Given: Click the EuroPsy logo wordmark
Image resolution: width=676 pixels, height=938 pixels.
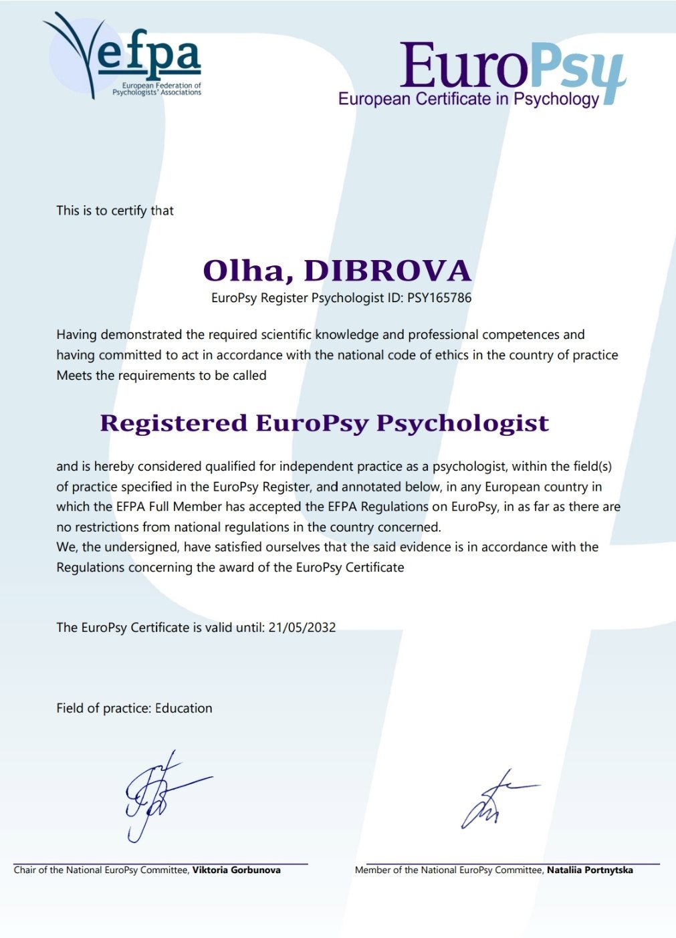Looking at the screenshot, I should click(512, 67).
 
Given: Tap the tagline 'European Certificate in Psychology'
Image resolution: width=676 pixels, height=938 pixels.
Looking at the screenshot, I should click(468, 100).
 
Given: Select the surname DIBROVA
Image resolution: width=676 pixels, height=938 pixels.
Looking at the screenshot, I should click(388, 271).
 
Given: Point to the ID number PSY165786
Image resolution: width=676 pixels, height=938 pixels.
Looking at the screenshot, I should click(439, 298).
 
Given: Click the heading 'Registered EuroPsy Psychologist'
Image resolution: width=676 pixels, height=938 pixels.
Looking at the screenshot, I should click(324, 423).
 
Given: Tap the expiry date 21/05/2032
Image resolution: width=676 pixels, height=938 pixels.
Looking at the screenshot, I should click(302, 628).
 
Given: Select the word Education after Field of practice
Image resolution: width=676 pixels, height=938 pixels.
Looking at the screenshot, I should click(184, 709).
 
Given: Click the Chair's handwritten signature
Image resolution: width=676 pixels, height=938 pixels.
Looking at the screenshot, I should click(160, 796).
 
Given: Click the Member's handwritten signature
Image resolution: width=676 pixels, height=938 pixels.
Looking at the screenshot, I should click(495, 802).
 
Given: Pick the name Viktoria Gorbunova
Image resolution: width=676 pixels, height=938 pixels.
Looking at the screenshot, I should click(237, 870).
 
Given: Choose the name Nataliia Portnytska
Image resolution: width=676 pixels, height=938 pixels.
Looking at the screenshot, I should click(590, 870).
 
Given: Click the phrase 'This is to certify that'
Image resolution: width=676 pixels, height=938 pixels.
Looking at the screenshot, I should click(115, 211).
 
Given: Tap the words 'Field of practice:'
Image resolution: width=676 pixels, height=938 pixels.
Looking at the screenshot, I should click(104, 709).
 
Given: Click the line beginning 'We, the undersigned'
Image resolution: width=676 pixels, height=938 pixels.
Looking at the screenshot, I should click(327, 548).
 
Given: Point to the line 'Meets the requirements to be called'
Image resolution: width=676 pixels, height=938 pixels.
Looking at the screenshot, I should click(161, 376).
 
